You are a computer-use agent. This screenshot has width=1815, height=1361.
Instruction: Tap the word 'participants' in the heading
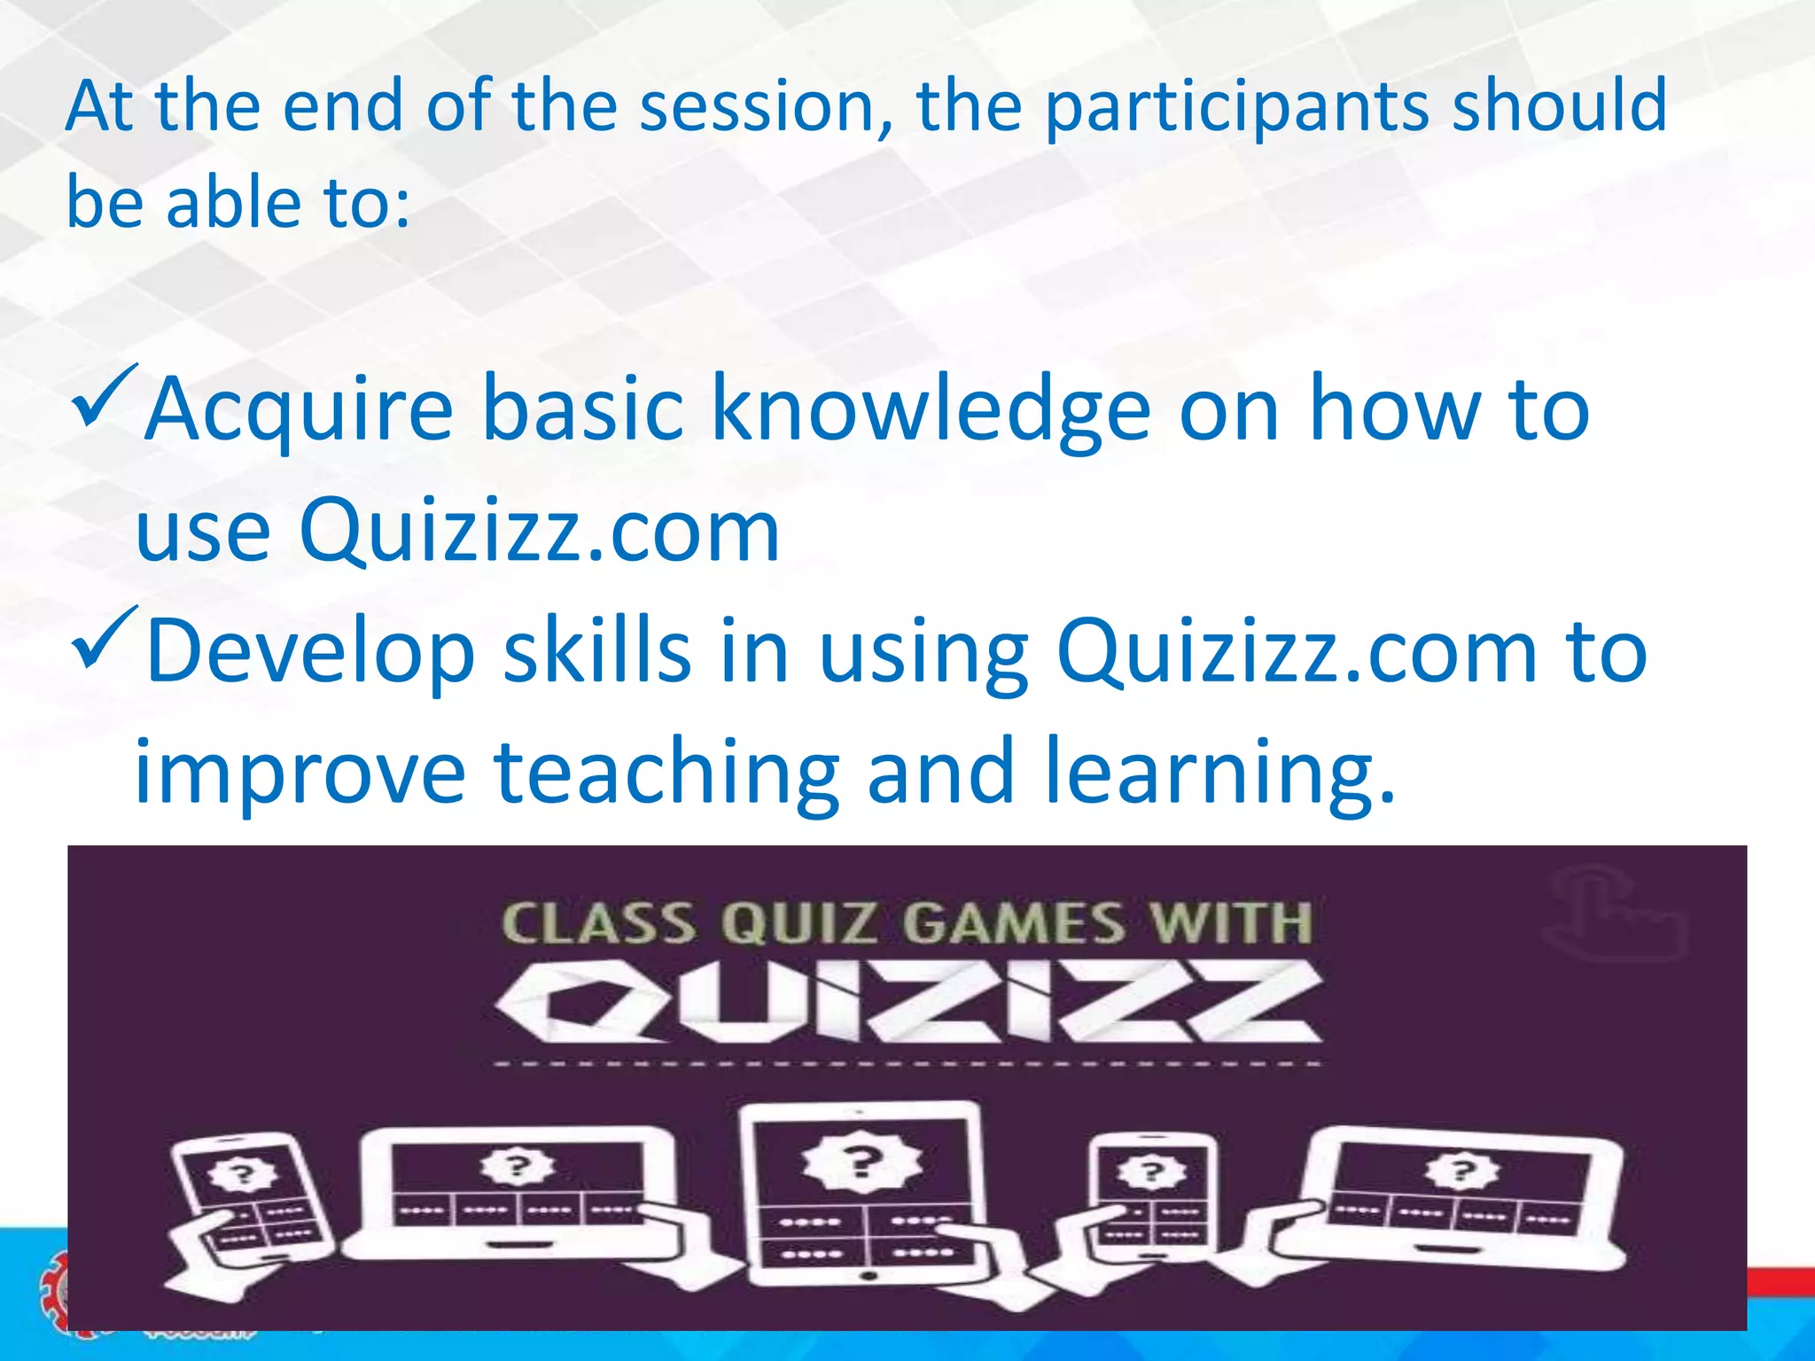click(1235, 108)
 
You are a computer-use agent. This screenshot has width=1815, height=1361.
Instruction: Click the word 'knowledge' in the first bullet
click(931, 409)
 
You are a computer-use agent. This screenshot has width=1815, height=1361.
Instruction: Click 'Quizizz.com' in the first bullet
click(539, 531)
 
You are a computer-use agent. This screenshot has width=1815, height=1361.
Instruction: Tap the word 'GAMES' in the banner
click(1014, 923)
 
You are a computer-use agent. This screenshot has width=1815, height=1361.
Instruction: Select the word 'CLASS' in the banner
click(598, 923)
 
